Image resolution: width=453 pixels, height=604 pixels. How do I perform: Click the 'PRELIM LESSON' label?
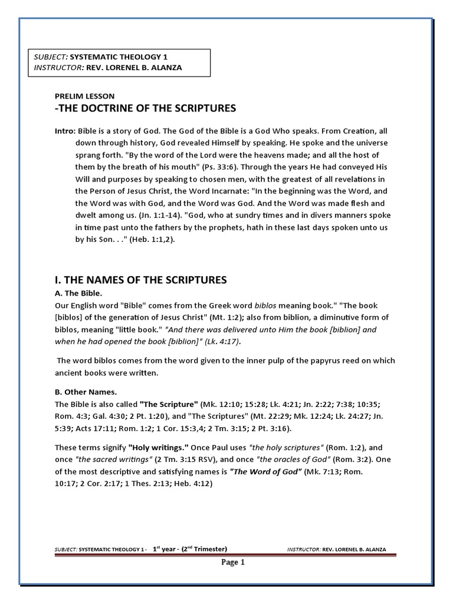coord(84,96)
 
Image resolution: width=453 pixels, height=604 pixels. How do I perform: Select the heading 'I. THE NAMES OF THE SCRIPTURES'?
coord(140,279)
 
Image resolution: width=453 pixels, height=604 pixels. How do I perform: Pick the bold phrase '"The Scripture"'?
coord(169,404)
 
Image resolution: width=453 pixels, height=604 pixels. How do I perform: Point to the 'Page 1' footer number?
coord(233,562)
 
